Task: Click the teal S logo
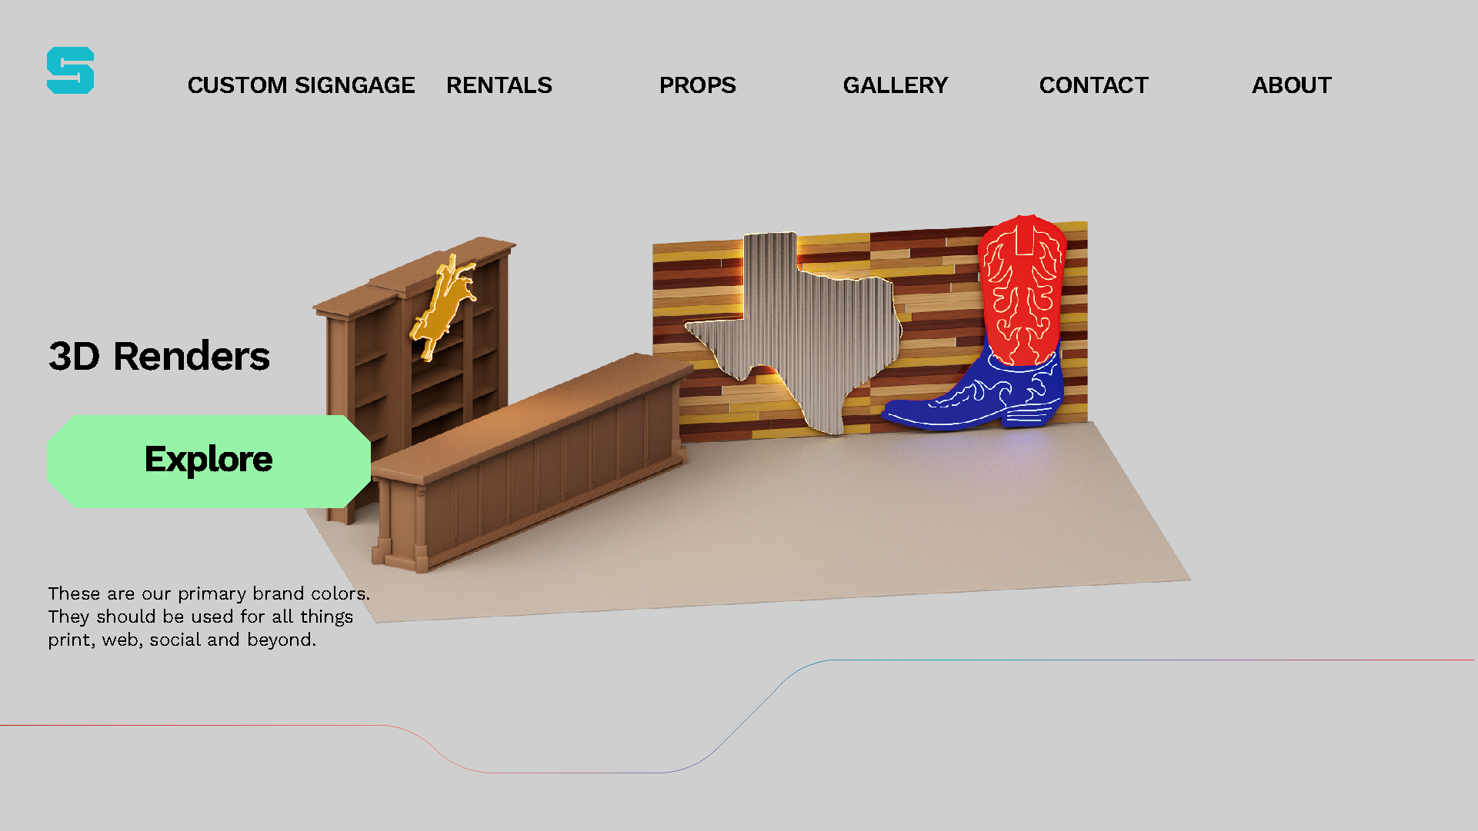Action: click(x=70, y=71)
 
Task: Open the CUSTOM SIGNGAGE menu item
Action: click(x=301, y=85)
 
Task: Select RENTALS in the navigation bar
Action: click(x=499, y=85)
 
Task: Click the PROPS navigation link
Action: click(x=697, y=85)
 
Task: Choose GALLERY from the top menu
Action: click(x=895, y=85)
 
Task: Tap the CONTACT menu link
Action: click(x=1093, y=85)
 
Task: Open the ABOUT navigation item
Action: click(x=1291, y=85)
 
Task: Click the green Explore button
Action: click(x=209, y=460)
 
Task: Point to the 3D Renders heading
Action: click(x=159, y=357)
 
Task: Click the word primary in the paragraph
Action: click(x=212, y=594)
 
